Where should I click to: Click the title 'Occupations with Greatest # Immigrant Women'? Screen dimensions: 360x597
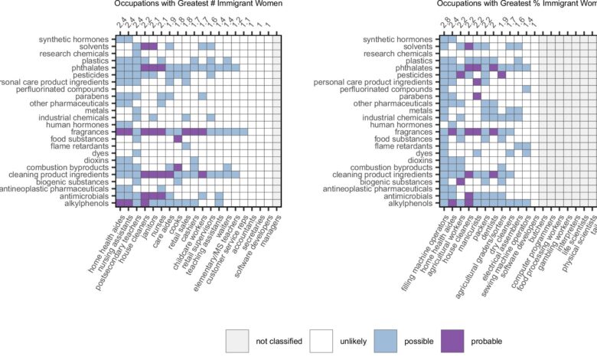point(198,5)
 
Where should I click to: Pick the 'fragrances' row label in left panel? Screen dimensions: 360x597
point(90,132)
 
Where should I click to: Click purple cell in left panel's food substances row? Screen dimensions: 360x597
point(178,139)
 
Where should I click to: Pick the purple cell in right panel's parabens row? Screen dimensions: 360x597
point(477,97)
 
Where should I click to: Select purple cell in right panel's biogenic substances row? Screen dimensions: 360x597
point(461,182)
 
